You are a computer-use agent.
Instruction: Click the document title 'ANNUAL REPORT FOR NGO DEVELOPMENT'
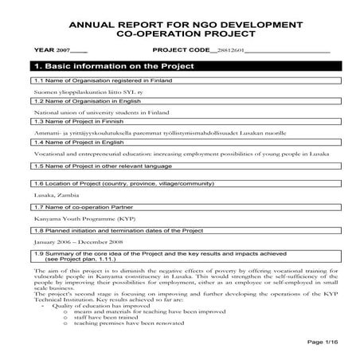(x=179, y=25)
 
